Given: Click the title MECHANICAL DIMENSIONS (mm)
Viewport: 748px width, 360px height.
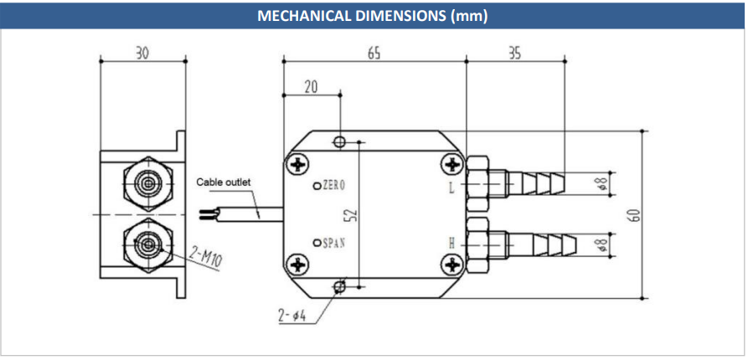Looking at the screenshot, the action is click(373, 16).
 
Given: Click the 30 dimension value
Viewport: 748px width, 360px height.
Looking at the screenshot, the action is click(142, 54).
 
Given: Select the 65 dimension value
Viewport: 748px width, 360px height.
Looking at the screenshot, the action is click(374, 54).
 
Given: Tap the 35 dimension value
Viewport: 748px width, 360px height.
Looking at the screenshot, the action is click(514, 54).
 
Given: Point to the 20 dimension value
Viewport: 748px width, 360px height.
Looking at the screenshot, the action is click(311, 87).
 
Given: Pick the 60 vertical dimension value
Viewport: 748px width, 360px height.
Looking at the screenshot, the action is click(634, 215).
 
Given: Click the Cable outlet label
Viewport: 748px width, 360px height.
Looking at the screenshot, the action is click(224, 183).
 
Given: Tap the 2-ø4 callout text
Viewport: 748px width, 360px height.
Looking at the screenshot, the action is click(291, 316).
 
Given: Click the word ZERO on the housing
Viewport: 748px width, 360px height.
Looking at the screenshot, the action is click(333, 186).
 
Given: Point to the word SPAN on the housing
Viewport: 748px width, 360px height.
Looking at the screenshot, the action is click(334, 243).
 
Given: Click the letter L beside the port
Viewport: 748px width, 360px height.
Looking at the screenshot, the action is click(451, 188).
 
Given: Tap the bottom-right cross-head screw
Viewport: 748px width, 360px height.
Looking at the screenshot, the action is click(451, 265).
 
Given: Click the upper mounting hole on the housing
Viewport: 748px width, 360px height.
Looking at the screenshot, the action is click(339, 141).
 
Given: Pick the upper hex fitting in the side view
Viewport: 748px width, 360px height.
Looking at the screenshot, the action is click(148, 183).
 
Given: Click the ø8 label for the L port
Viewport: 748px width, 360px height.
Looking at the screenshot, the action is click(603, 183).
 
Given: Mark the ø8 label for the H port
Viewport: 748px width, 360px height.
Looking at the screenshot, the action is click(603, 244).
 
